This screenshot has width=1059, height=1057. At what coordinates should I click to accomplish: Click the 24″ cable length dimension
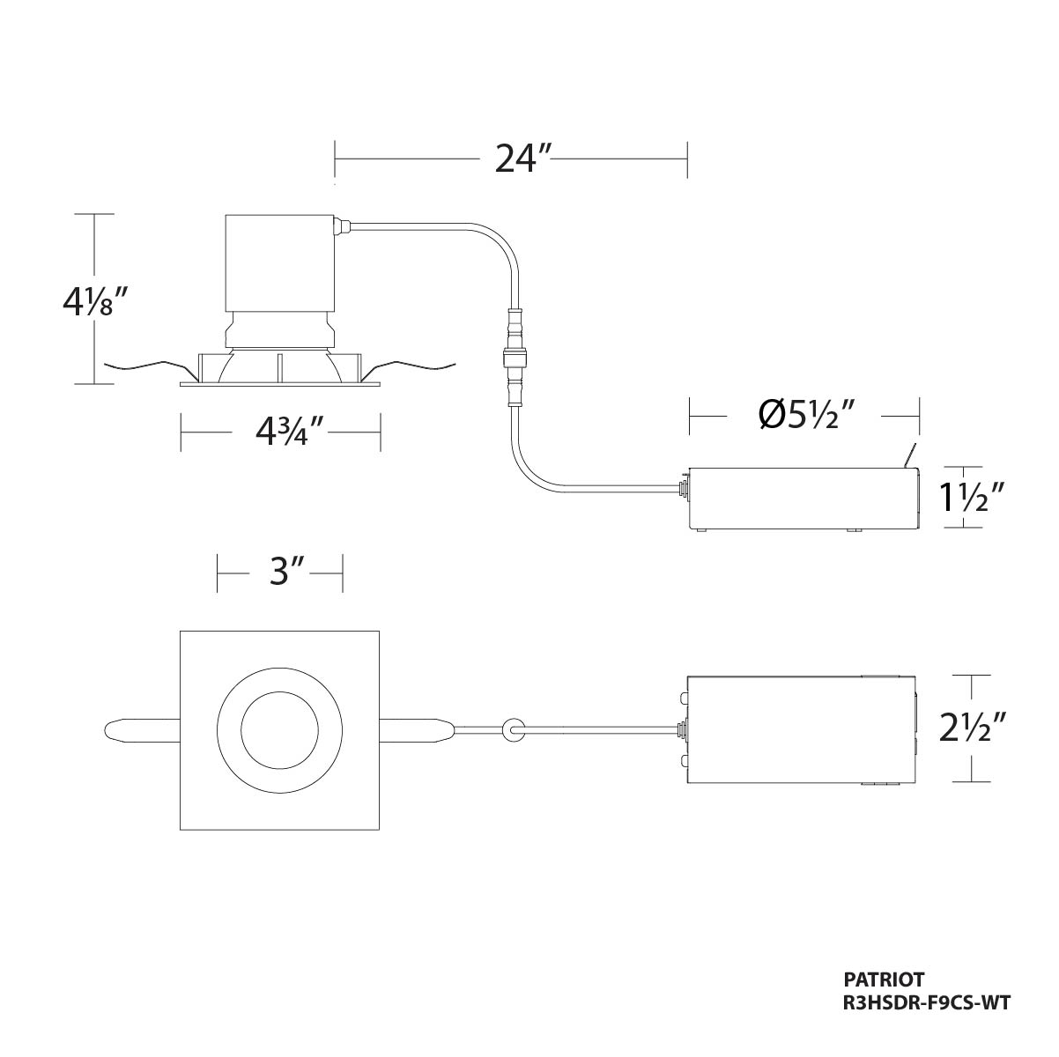click(x=515, y=159)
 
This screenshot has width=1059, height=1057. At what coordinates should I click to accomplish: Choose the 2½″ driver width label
click(x=972, y=727)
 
